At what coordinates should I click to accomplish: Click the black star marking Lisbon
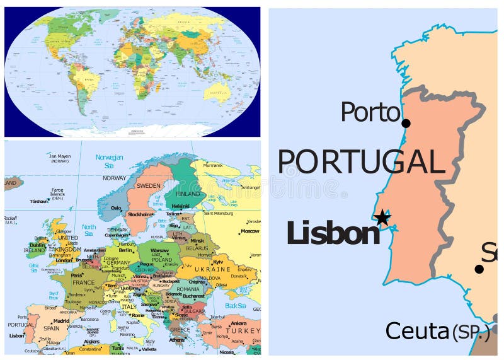382,218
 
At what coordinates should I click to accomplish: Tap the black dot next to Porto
406,124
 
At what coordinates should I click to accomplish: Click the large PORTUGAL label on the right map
361,162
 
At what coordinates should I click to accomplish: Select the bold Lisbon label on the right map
333,233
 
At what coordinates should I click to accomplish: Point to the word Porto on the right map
370,113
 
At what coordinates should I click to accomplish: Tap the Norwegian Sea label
109,161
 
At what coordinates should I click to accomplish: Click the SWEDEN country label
149,185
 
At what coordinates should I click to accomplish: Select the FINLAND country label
188,194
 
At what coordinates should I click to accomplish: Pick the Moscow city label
249,231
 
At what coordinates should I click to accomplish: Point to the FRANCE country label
83,283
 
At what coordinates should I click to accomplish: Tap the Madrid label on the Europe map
61,320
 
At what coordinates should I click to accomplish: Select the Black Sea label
234,306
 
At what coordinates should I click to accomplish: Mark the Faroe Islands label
58,192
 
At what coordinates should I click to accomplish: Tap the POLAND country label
161,260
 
